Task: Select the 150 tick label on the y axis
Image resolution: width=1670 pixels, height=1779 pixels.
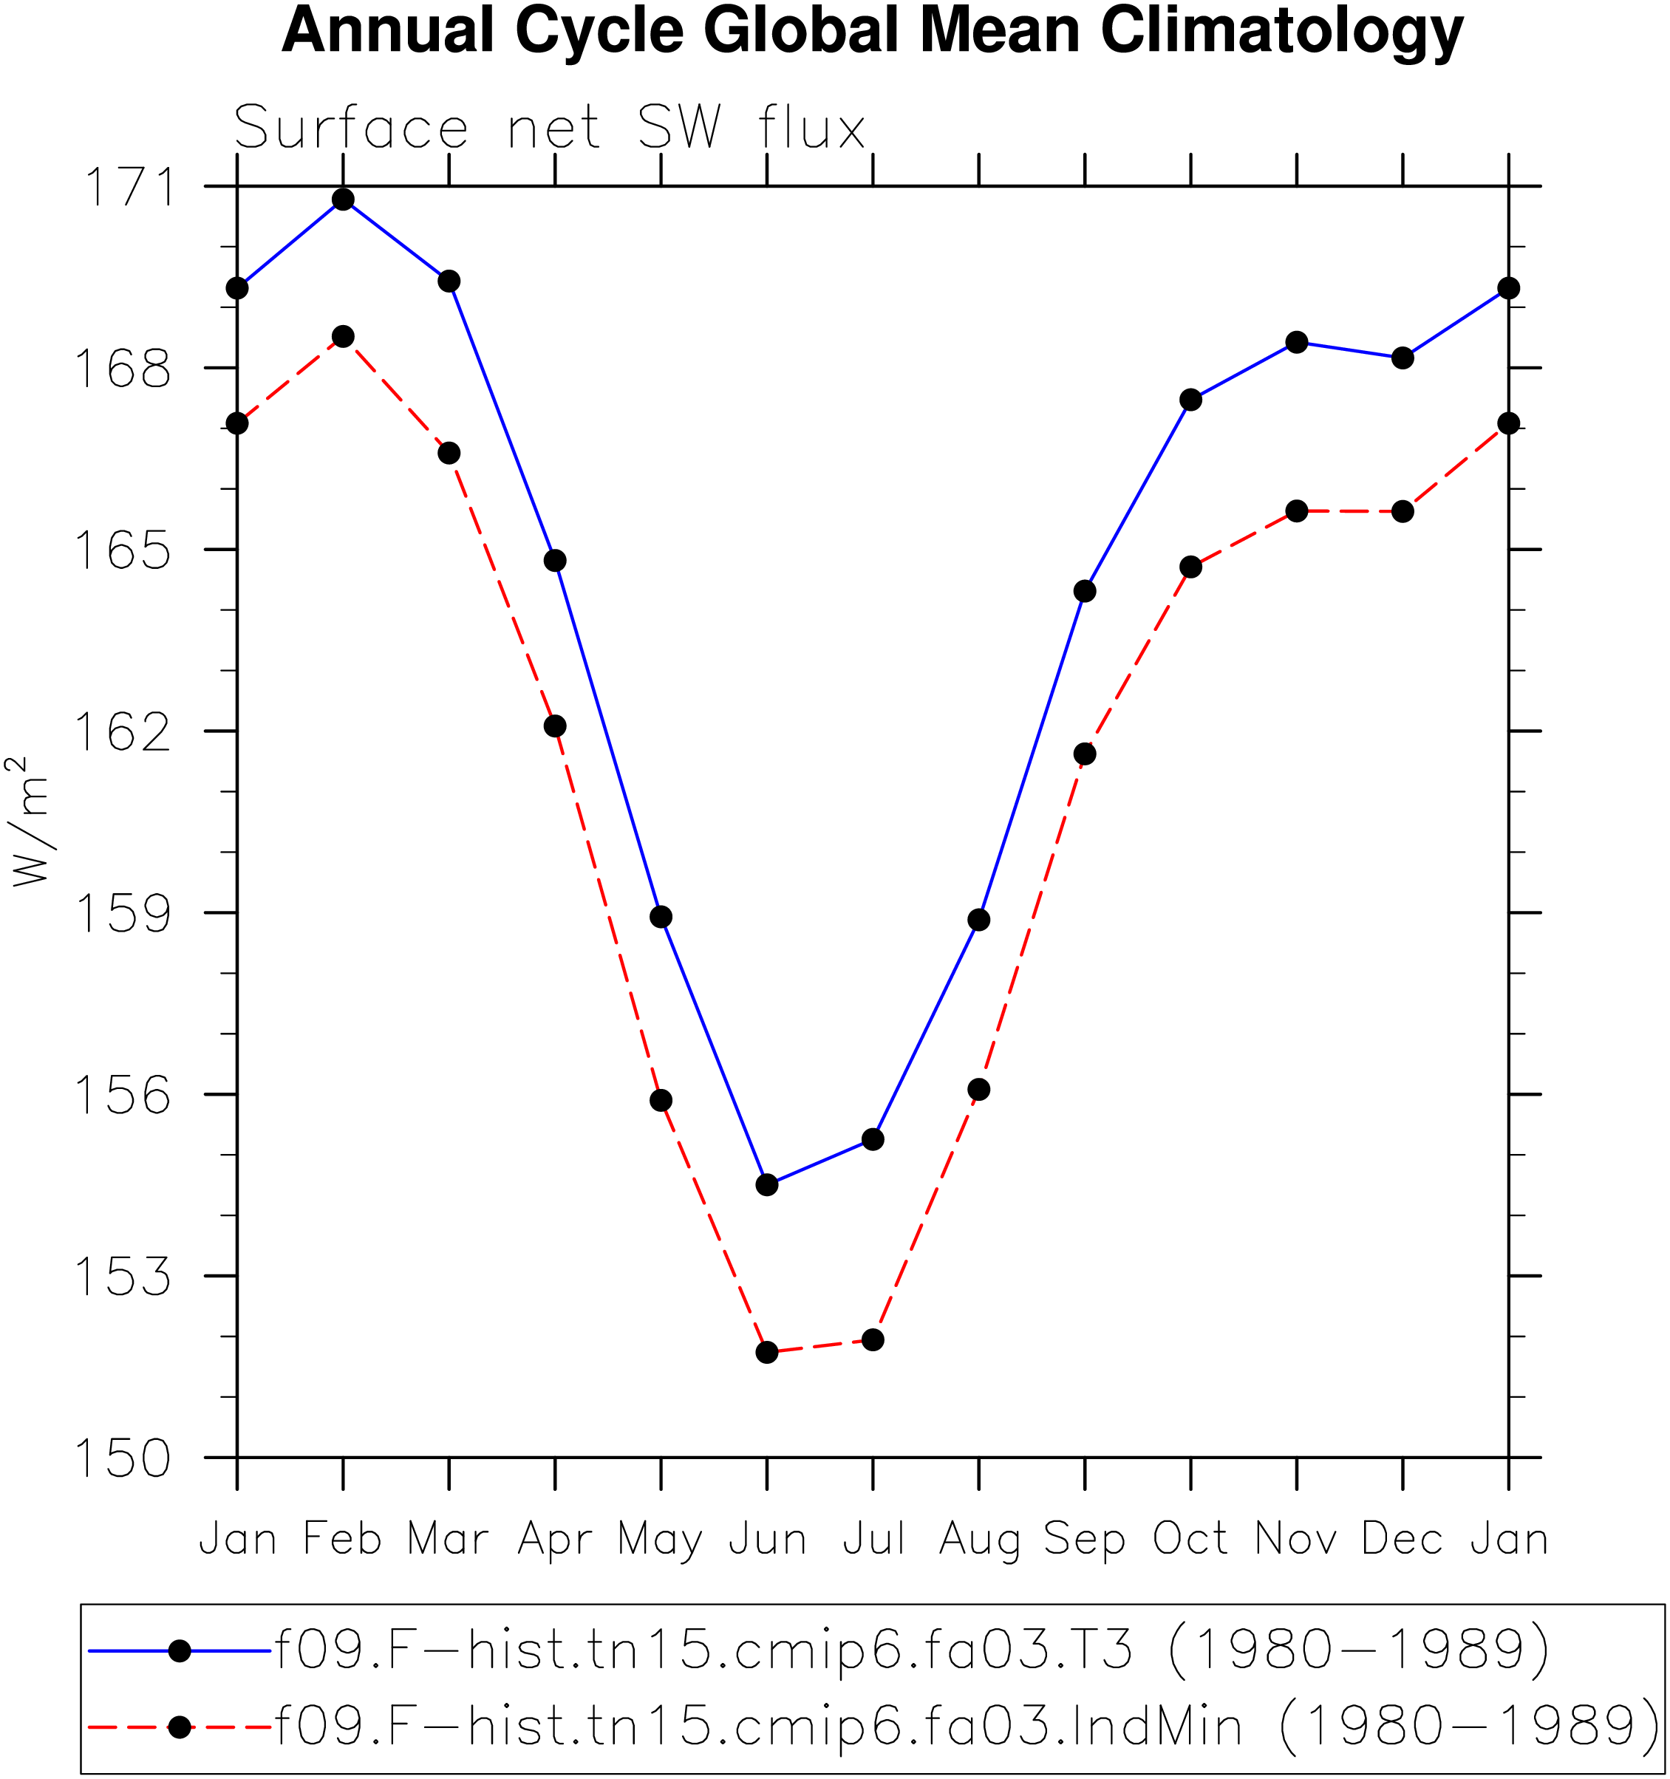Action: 122,1458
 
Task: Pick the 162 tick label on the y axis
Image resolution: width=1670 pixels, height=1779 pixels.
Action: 122,731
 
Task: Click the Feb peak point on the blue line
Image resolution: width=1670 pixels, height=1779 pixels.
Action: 343,199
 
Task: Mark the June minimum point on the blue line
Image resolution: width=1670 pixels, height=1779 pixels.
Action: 767,1185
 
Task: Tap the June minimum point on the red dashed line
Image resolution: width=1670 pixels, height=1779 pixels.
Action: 767,1352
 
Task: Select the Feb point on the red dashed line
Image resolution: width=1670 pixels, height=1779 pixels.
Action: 343,336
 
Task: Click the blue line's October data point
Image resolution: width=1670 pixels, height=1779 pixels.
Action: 1190,399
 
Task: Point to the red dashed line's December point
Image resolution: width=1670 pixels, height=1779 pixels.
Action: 1403,512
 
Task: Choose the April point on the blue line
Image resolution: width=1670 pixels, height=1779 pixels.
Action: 555,561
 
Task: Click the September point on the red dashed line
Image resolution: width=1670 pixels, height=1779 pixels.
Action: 1085,754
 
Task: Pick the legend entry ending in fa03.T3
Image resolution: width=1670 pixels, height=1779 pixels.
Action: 818,1648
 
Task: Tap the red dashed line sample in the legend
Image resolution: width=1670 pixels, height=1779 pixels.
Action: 180,1727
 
